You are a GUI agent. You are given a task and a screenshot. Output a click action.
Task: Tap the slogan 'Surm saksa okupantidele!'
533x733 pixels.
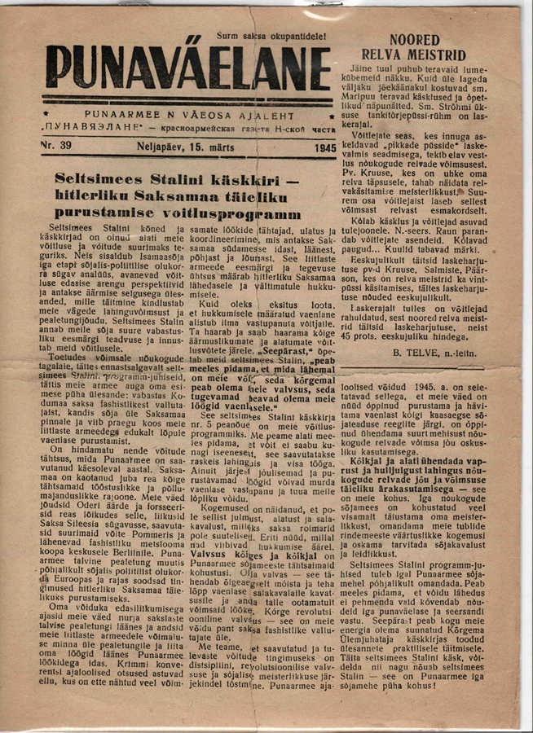271,36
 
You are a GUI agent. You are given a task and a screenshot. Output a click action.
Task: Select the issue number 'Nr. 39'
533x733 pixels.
55,144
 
